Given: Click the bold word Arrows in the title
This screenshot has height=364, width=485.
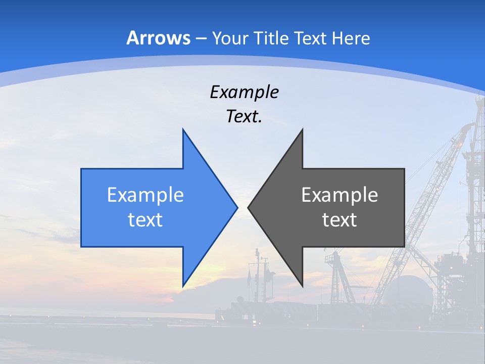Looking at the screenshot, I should point(159,38).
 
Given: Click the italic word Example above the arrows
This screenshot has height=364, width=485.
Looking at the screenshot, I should point(245,92).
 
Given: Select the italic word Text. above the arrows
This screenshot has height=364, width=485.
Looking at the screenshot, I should point(245,117).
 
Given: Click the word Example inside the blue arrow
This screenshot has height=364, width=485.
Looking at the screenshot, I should point(145,195).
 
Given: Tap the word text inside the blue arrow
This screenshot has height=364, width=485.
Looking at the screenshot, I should point(145,219).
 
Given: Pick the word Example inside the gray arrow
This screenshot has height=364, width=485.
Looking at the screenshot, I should point(339,195).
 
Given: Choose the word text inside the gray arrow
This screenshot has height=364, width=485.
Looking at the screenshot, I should point(339,219).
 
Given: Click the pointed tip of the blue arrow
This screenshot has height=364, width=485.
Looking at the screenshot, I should point(236,207).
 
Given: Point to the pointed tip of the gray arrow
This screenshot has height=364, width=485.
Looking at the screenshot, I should point(249,207).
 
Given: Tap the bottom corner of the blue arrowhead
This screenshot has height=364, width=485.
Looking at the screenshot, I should point(183,285).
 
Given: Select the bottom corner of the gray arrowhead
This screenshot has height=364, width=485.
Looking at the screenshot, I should point(302,285).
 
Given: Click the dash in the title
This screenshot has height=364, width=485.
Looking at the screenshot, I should point(201,38).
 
